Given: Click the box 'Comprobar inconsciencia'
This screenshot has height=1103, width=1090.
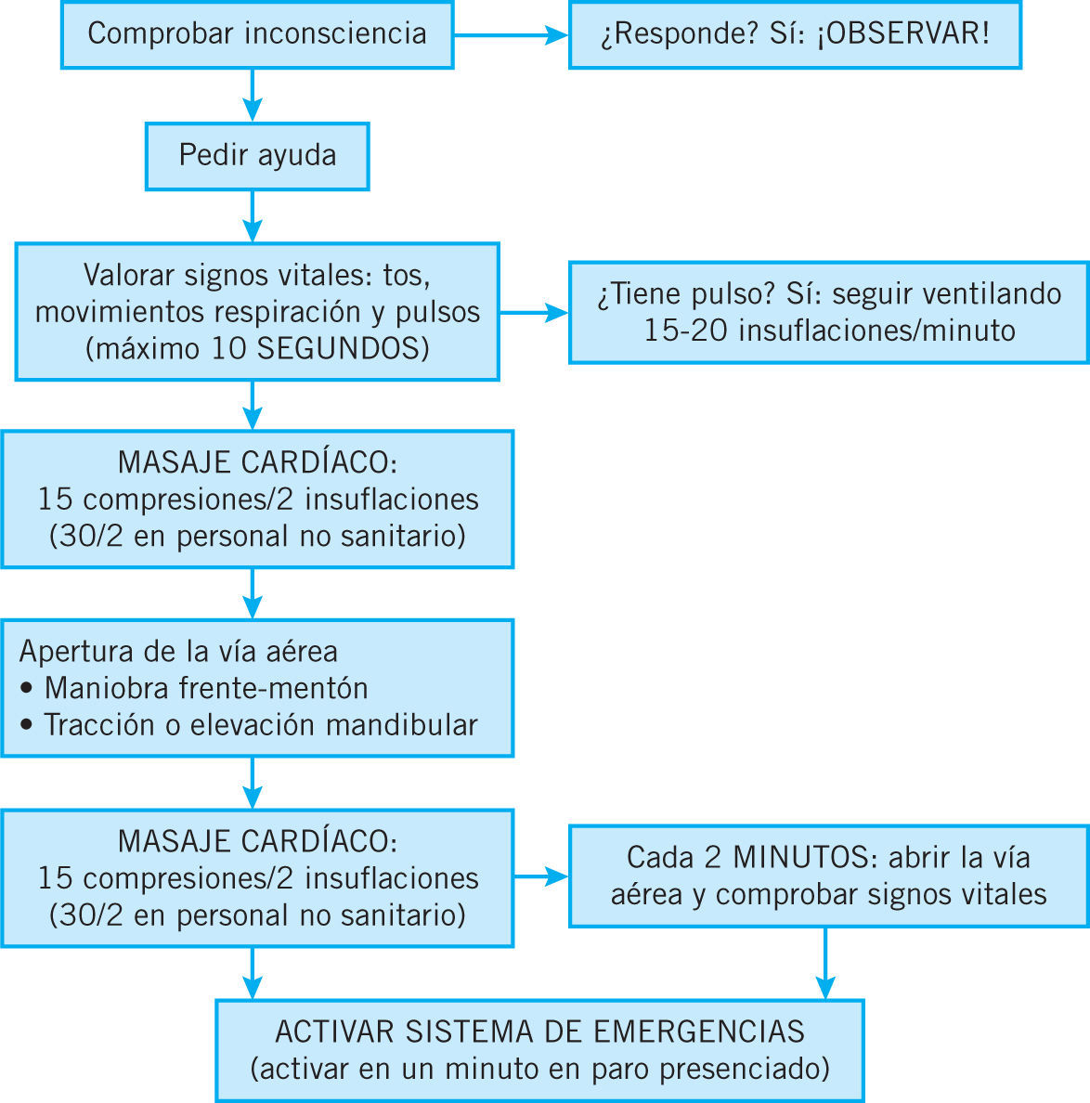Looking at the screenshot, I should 257,34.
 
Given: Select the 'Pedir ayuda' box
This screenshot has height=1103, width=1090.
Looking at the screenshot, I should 257,155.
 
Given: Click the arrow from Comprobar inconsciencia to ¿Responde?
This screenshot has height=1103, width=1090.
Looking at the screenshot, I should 511,35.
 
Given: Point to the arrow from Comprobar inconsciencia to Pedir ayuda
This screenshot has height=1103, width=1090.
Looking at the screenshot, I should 252,95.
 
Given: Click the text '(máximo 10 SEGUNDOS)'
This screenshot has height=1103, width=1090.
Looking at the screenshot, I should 257,348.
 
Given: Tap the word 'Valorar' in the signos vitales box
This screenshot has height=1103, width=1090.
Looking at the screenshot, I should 129,276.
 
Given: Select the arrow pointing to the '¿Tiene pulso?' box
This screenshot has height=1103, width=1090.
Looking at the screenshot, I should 534,313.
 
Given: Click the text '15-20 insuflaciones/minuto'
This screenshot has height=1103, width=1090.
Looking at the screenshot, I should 829,331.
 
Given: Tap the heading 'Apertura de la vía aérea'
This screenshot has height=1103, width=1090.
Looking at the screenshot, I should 178,651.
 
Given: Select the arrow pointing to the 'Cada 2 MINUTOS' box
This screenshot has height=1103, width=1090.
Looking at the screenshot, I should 541,876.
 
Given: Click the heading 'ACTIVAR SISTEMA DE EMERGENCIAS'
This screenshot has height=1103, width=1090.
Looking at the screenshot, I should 539,1032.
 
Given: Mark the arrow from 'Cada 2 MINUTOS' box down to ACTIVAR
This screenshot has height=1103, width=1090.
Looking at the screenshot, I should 824,963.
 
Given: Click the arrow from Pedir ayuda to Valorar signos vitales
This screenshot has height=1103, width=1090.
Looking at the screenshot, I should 252,216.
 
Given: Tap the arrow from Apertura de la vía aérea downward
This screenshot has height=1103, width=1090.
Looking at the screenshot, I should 252,783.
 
